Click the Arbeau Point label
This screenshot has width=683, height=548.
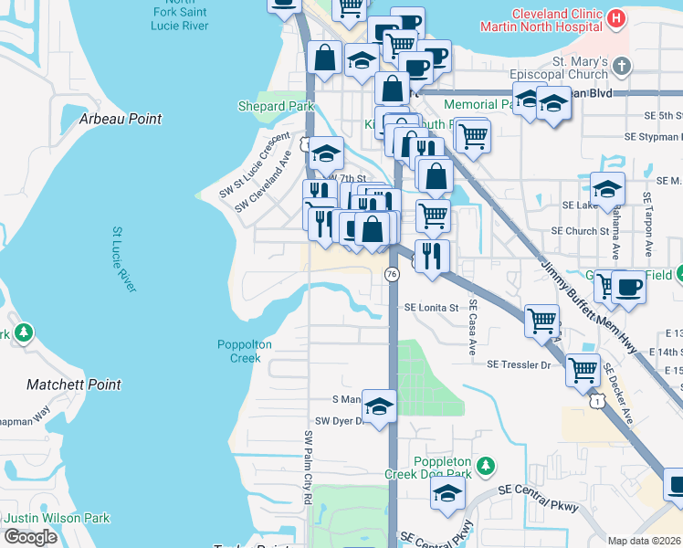tap(121, 120)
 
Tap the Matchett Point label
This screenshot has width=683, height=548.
tap(75, 385)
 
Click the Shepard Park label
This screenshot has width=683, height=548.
tap(275, 107)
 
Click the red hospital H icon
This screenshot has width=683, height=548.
tap(616, 18)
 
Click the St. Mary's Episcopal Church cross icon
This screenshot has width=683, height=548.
tap(622, 66)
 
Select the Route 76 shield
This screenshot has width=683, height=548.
tap(392, 274)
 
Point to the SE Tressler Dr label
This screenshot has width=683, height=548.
tap(520, 365)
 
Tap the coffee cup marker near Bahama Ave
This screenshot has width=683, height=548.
tap(628, 287)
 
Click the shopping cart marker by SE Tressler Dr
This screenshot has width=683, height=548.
tap(583, 370)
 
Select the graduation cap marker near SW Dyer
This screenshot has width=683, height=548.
tap(380, 406)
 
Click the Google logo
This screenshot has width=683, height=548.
tap(30, 537)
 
